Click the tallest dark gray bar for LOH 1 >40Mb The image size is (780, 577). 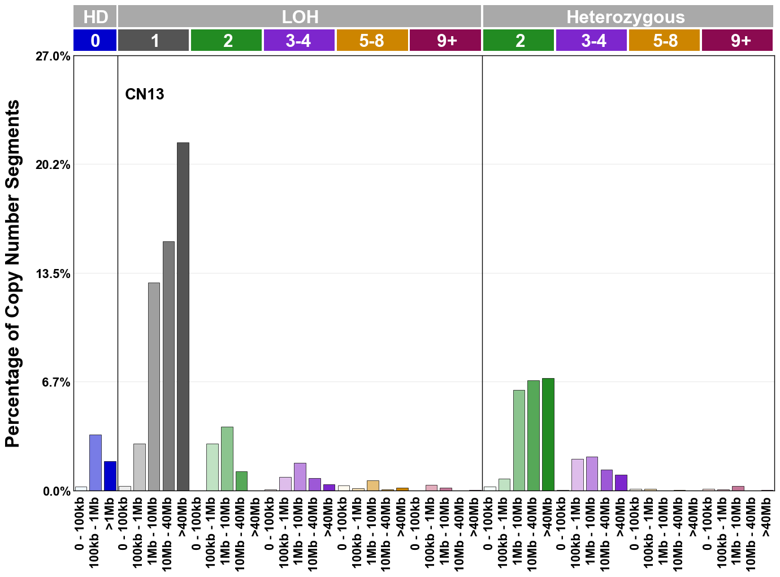pyautogui.click(x=183, y=316)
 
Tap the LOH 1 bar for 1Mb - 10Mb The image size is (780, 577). pyautogui.click(x=154, y=387)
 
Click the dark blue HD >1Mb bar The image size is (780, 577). pyautogui.click(x=110, y=476)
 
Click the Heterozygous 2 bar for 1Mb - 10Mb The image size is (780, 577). pyautogui.click(x=519, y=440)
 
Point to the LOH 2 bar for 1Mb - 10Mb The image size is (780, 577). pyautogui.click(x=227, y=458)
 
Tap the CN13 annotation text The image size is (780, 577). pyautogui.click(x=145, y=94)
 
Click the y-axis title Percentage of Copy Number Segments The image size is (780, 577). pyautogui.click(x=12, y=274)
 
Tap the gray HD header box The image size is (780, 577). pyautogui.click(x=96, y=16)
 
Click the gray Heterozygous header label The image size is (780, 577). pyautogui.click(x=626, y=16)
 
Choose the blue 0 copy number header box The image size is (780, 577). pyautogui.click(x=96, y=41)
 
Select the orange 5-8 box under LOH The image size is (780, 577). pyautogui.click(x=372, y=41)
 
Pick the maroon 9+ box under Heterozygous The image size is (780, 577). pyautogui.click(x=737, y=41)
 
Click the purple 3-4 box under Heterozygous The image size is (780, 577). pyautogui.click(x=591, y=41)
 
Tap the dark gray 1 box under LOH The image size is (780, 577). pyautogui.click(x=154, y=41)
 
